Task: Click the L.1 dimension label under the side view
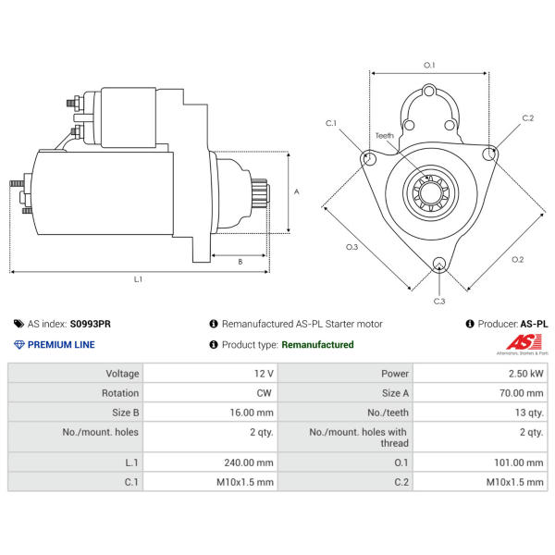click(x=138, y=277)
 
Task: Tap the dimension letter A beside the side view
click(x=297, y=191)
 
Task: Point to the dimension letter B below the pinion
click(x=240, y=262)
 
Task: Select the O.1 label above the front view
click(x=429, y=65)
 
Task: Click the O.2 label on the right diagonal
click(x=517, y=259)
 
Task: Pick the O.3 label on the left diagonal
click(x=351, y=247)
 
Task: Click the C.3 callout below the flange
click(x=439, y=301)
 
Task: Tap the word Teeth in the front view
click(x=384, y=136)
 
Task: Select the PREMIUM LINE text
click(x=61, y=345)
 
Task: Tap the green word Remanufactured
click(x=317, y=345)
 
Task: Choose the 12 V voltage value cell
click(x=264, y=374)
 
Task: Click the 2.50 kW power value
click(x=524, y=374)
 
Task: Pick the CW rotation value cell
click(x=265, y=393)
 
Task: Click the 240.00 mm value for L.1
click(x=252, y=462)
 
